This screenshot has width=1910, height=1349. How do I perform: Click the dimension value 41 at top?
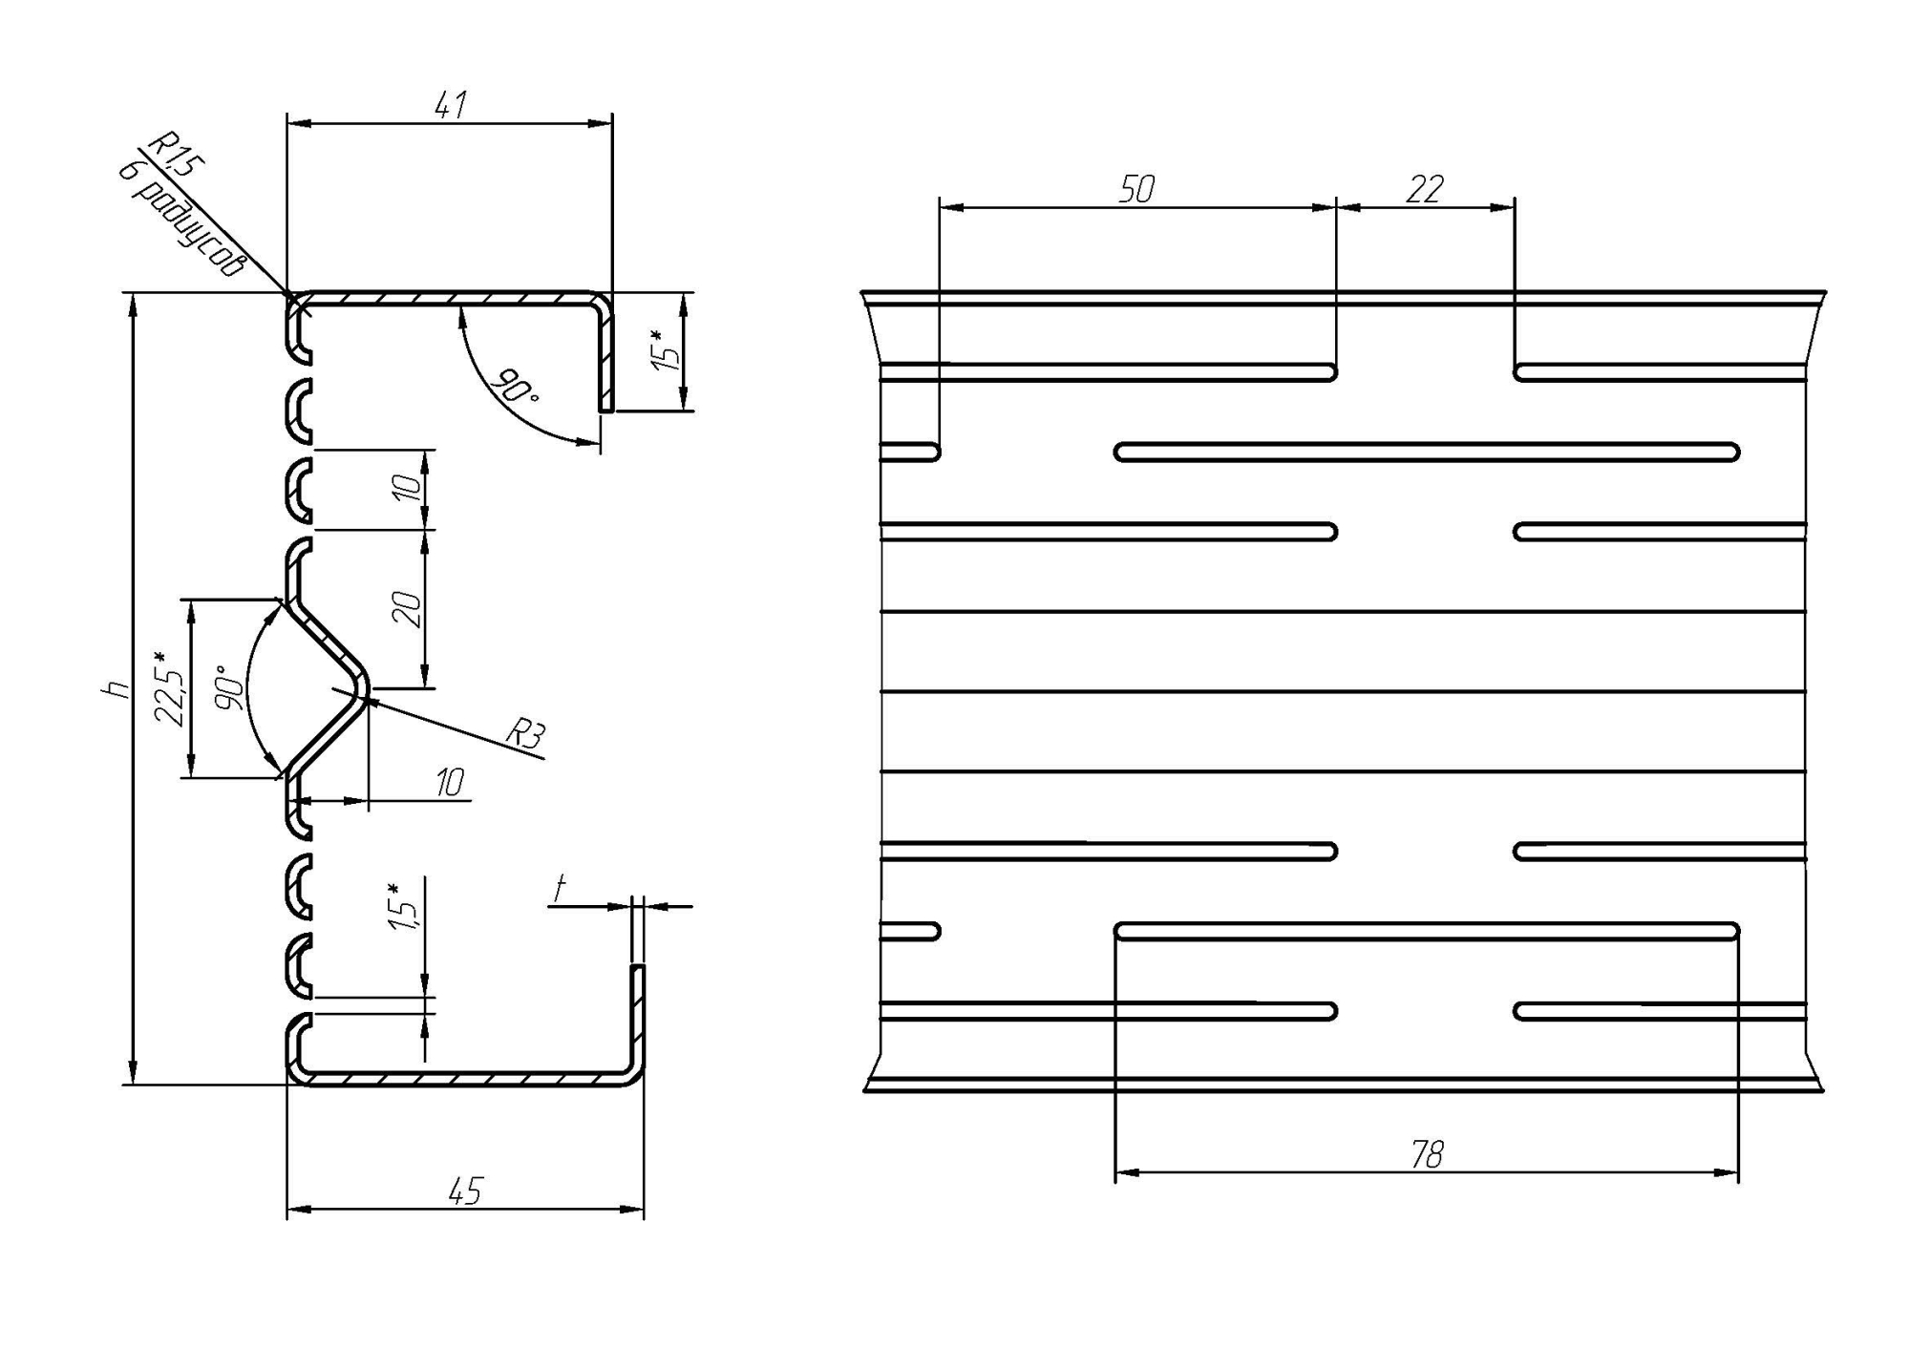click(x=451, y=104)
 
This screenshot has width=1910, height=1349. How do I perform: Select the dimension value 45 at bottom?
click(x=466, y=1191)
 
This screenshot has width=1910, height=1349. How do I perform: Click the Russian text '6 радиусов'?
click(x=181, y=219)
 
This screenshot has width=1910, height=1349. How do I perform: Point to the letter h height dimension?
click(x=117, y=688)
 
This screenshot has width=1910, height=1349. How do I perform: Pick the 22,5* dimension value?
click(x=169, y=688)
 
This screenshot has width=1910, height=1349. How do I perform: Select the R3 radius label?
click(x=524, y=733)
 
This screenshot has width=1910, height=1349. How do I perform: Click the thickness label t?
click(x=560, y=889)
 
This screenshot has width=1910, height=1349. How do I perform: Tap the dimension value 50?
click(x=1136, y=189)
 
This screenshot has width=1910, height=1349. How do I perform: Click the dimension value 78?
click(x=1427, y=1155)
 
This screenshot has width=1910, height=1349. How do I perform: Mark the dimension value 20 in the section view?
click(x=407, y=609)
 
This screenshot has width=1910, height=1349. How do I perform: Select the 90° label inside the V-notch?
click(x=227, y=687)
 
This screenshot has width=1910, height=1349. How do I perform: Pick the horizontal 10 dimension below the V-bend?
click(x=449, y=783)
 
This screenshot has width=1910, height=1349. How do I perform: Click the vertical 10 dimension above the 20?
click(x=407, y=488)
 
